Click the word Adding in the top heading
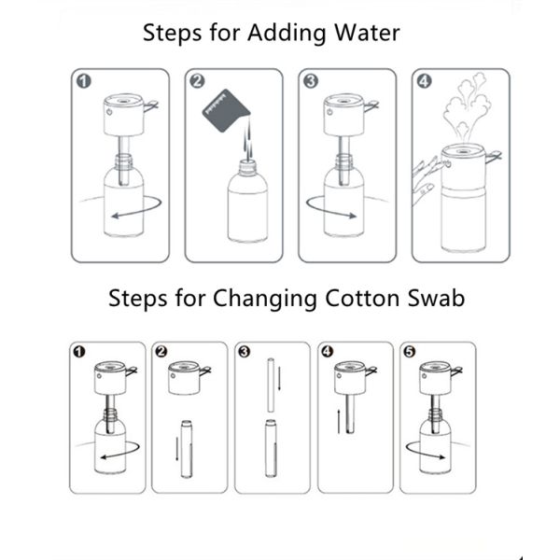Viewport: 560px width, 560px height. (x=287, y=34)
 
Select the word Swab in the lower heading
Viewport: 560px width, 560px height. (x=437, y=298)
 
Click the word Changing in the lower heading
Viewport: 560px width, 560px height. (x=265, y=300)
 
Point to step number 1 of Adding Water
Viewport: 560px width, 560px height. (x=84, y=81)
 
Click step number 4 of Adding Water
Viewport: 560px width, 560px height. (x=425, y=81)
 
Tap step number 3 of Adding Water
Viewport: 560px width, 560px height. (x=311, y=81)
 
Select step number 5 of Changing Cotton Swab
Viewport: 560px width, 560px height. (x=410, y=352)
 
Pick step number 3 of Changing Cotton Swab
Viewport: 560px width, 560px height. (x=245, y=352)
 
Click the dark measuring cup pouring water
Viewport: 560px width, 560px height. (x=226, y=111)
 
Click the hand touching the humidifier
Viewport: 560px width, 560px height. (x=427, y=180)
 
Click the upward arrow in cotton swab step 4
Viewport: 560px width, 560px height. (x=339, y=422)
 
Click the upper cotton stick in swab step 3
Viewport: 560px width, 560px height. (x=271, y=385)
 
